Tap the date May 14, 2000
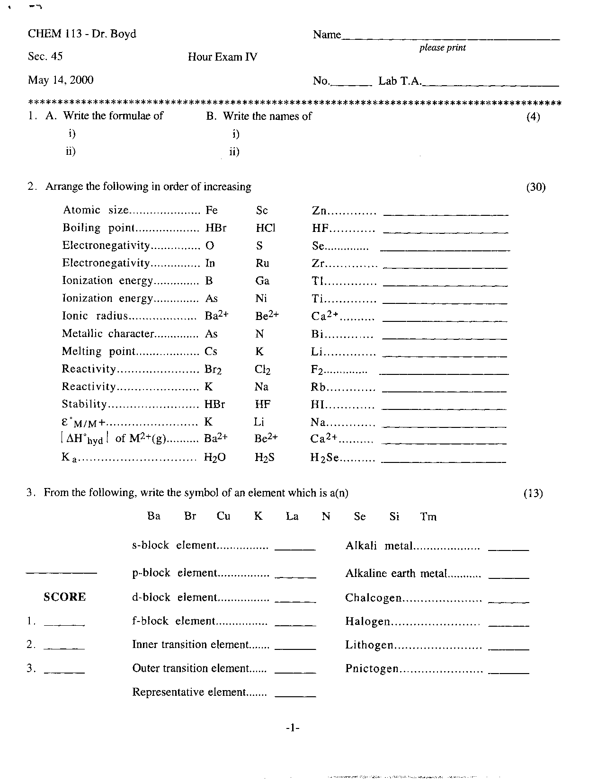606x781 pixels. [x=61, y=80]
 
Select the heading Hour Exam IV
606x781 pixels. [x=223, y=57]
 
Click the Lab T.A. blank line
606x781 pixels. [x=490, y=84]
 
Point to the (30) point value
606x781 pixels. [x=536, y=187]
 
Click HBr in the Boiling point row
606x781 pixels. [x=216, y=228]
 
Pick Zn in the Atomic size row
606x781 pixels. [x=320, y=211]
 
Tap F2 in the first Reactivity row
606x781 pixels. [x=317, y=370]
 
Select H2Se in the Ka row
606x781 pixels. [x=324, y=458]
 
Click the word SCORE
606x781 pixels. [x=65, y=597]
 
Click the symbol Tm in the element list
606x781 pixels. [x=428, y=516]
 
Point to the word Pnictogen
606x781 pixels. [x=372, y=668]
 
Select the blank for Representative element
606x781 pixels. [x=295, y=695]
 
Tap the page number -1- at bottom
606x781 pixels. [x=293, y=728]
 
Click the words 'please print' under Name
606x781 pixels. [x=442, y=48]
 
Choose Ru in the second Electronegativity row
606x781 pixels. [x=262, y=263]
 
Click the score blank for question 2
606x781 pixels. [x=64, y=647]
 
